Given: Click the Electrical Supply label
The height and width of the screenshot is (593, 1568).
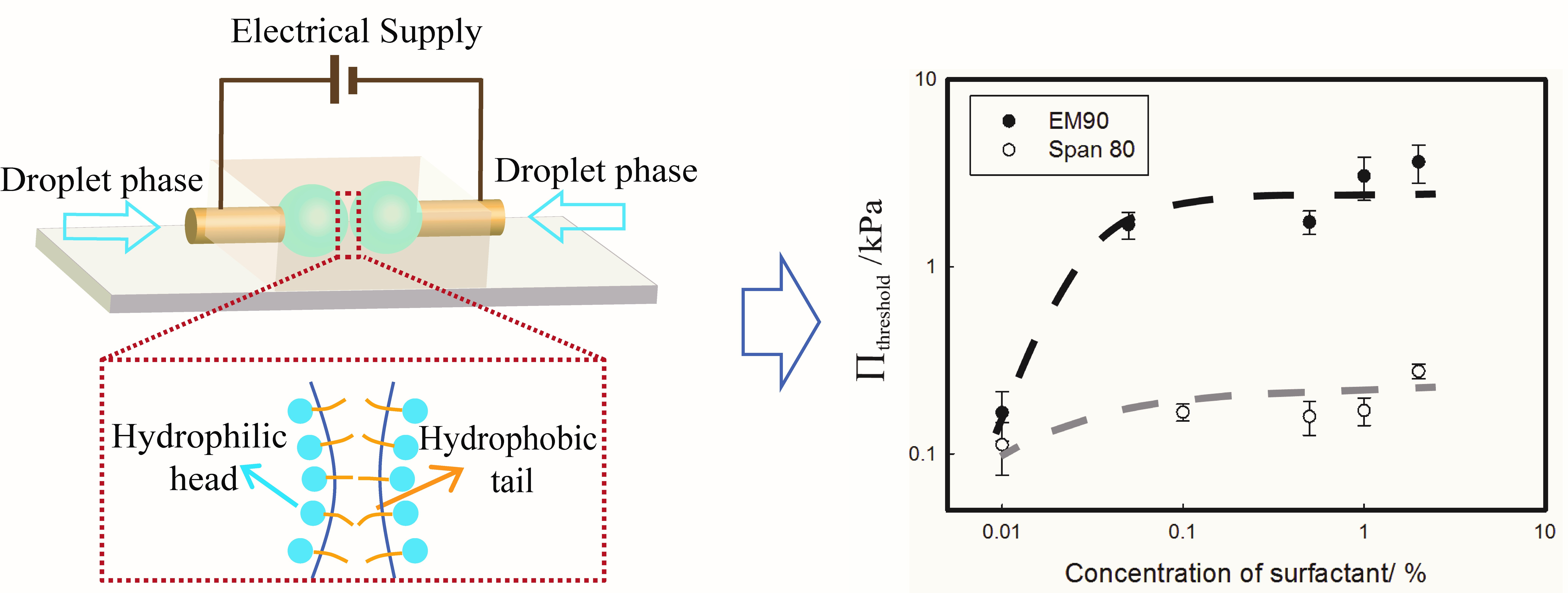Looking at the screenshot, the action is [356, 32].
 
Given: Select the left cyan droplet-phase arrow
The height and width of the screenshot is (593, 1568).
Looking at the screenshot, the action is [111, 226].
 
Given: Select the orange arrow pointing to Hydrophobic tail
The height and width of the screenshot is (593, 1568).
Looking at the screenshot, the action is [420, 487].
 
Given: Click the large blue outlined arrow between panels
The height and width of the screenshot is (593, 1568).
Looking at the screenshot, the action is [781, 321].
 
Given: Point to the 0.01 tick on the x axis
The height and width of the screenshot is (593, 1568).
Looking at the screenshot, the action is [1001, 532].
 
